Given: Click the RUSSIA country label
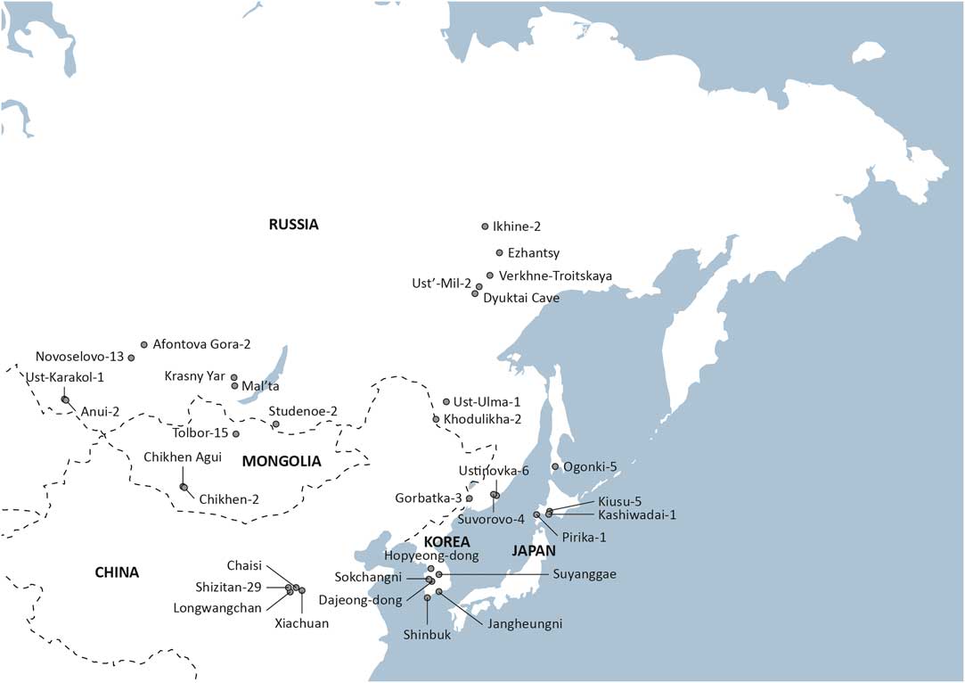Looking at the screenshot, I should pyautogui.click(x=293, y=225).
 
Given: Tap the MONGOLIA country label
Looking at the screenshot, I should pyautogui.click(x=281, y=461).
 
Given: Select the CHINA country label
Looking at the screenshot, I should pyautogui.click(x=117, y=572).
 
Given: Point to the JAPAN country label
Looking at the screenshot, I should pyautogui.click(x=534, y=551).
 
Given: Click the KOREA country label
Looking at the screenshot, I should pyautogui.click(x=447, y=541).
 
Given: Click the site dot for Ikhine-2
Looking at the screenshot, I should pyautogui.click(x=485, y=226).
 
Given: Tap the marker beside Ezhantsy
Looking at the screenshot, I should pyautogui.click(x=499, y=252).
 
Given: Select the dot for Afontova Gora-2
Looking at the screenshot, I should pyautogui.click(x=144, y=343).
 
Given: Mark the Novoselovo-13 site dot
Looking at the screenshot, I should pyautogui.click(x=131, y=358).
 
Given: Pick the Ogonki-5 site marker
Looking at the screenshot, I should pyautogui.click(x=555, y=466).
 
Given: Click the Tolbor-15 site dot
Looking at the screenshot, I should pyautogui.click(x=236, y=434).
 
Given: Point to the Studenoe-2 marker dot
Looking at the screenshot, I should pyautogui.click(x=276, y=424).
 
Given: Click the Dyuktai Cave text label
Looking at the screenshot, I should pyautogui.click(x=521, y=299).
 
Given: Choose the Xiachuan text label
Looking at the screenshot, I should pyautogui.click(x=303, y=623).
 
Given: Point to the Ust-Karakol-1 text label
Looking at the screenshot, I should pyautogui.click(x=65, y=377).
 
